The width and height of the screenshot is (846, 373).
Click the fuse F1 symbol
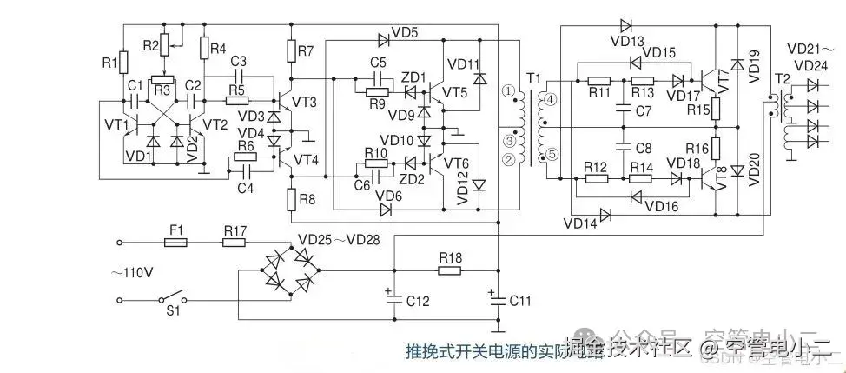175,244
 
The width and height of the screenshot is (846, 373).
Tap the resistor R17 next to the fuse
235,244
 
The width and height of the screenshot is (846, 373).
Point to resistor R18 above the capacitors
449,270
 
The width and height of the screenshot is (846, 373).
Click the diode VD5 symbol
383,38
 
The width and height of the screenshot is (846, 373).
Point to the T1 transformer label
532,79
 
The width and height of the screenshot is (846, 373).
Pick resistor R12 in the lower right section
597,178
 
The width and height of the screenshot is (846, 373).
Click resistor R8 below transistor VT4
293,199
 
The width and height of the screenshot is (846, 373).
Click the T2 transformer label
783,80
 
